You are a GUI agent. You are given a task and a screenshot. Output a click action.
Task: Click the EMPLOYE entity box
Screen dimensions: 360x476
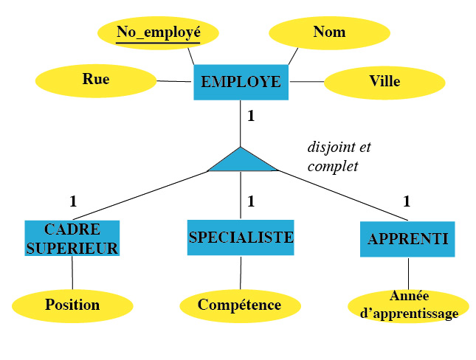[x=241, y=82]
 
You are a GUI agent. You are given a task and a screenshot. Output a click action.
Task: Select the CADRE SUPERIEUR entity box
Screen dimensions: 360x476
[x=72, y=238]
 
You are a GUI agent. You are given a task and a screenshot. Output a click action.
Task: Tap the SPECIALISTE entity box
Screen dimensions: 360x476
[x=241, y=238]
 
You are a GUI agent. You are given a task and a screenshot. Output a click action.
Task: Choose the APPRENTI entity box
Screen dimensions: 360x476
[x=407, y=238]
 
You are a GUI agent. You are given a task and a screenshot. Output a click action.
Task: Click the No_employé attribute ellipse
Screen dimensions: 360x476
[x=159, y=32]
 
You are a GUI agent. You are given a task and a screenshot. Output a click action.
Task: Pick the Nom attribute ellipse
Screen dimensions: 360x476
[x=329, y=32]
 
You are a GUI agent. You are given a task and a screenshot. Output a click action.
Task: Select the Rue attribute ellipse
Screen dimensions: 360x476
[x=96, y=80]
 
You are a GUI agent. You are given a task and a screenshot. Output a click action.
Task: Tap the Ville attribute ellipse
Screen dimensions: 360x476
[x=384, y=81]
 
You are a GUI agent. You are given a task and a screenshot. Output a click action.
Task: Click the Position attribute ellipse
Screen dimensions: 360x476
[x=72, y=305]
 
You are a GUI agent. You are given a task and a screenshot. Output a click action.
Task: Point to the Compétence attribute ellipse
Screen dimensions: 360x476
[x=240, y=305]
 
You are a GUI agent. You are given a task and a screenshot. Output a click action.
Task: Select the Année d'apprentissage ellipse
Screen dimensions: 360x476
[x=408, y=306]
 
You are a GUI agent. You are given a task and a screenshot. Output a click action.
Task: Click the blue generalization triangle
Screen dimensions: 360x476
[x=241, y=162]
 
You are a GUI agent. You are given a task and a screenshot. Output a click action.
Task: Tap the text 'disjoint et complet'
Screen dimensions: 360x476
[x=338, y=156]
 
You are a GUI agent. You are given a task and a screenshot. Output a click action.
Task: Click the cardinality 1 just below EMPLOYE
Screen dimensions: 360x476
[x=251, y=116]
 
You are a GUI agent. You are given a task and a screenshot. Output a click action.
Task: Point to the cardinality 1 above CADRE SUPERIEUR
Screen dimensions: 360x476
[x=73, y=201]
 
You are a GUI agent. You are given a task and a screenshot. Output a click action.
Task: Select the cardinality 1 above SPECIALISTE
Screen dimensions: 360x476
[x=251, y=201]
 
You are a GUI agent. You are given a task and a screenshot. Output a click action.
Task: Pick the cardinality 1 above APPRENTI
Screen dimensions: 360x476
[x=407, y=201]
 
